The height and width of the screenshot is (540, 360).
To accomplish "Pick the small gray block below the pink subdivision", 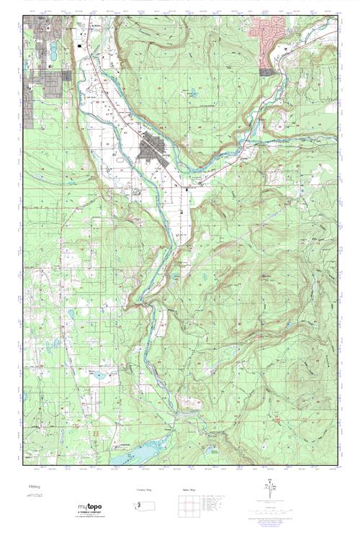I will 266,71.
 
